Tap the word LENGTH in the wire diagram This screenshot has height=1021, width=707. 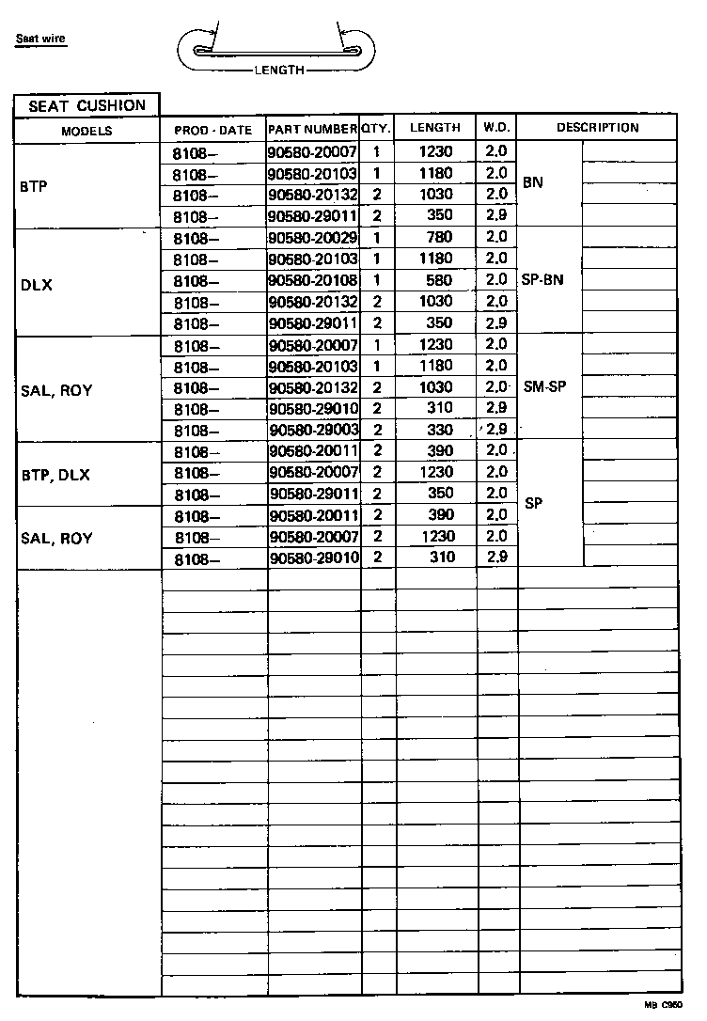coord(279,71)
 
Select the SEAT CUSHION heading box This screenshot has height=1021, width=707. coord(87,105)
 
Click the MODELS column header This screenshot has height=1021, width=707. coord(87,131)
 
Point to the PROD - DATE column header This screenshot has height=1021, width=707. coord(213,131)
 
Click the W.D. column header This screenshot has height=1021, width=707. coord(496,128)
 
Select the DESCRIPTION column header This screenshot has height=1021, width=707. coord(597,128)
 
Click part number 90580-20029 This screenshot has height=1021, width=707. coord(313,238)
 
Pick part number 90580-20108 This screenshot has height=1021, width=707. coord(313,280)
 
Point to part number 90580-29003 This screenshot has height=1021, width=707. coord(313,430)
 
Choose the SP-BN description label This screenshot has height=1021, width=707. coord(542,280)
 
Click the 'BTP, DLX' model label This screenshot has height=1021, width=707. coord(55,476)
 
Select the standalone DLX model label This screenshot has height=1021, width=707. coord(36,286)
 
